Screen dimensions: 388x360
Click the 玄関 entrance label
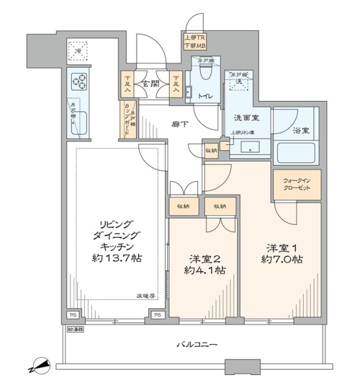click(151, 83)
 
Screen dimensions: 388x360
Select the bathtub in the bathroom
click(295, 153)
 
